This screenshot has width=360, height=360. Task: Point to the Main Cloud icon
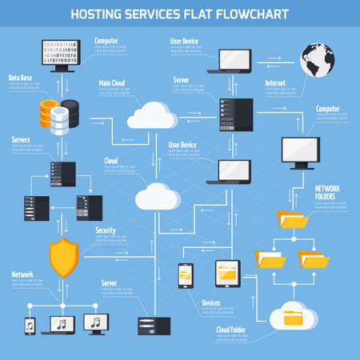coord(151,116)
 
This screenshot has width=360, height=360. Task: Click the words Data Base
coord(21,78)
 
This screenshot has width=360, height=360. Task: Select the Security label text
coord(106,230)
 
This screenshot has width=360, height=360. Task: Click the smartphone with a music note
coord(30,326)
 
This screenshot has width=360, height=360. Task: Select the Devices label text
coord(210,303)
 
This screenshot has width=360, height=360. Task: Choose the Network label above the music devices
coord(22,274)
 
